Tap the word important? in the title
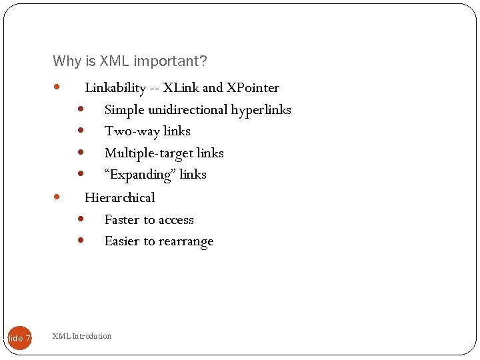[x=171, y=61]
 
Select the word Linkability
[x=115, y=88]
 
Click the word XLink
[x=181, y=88]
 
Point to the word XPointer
[x=253, y=88]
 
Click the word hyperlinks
[x=261, y=110]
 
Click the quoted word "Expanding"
[x=137, y=175]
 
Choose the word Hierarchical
[x=119, y=198]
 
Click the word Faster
[x=123, y=220]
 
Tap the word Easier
[x=121, y=242]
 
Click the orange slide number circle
[x=19, y=338]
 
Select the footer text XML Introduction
[x=82, y=336]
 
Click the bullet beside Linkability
[x=57, y=87]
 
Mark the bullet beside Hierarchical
[x=57, y=197]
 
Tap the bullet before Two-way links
[x=80, y=131]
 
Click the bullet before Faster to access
[x=80, y=219]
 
